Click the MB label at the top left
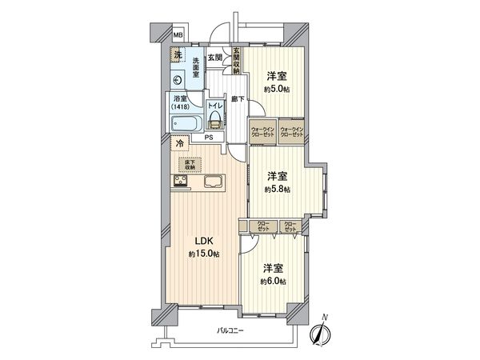coord(178,35)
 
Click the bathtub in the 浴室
coord(186,125)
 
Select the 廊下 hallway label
coord(238,99)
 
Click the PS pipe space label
coord(209,137)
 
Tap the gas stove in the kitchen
coord(179,182)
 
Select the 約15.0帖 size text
coord(204,254)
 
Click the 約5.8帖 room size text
coord(278,190)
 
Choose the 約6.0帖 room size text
coord(273,282)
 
